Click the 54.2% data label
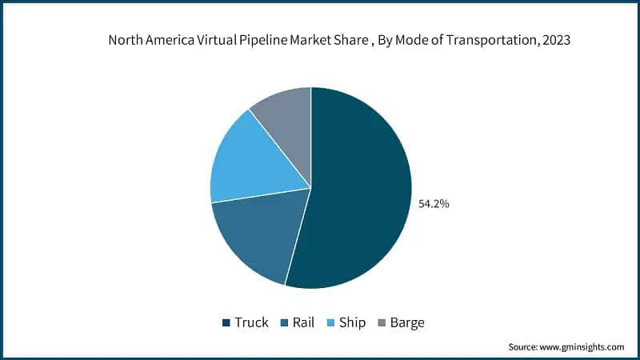[434, 204]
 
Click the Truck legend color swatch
[226, 323]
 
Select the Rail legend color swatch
[286, 323]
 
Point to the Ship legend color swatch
[333, 323]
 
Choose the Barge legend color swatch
[382, 323]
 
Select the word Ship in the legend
[353, 323]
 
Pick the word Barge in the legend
[408, 323]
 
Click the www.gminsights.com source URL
[582, 346]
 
